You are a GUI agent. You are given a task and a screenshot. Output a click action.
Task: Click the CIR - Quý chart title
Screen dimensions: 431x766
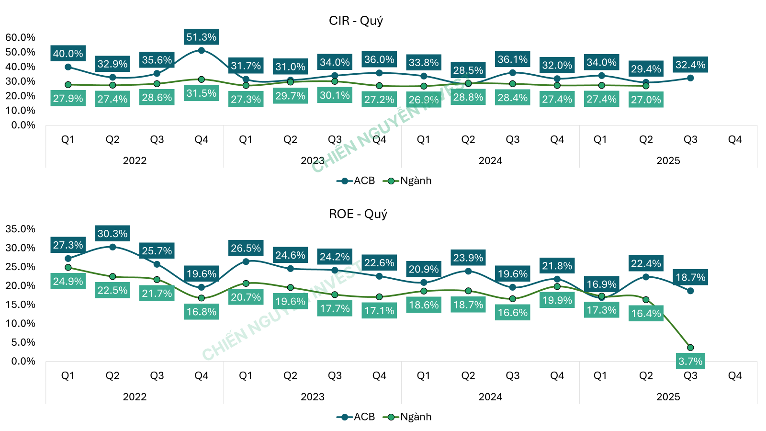(x=356, y=21)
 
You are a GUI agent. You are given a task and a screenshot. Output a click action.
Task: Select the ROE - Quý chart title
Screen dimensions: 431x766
(x=358, y=214)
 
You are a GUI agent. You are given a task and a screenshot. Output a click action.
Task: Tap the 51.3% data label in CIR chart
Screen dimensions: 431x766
(x=201, y=37)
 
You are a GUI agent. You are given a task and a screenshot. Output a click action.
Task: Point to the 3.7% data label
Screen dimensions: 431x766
(x=690, y=361)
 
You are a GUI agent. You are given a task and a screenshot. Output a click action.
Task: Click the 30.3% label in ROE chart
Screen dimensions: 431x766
(x=113, y=234)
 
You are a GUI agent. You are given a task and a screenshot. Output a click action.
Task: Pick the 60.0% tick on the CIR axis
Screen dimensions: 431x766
(x=20, y=37)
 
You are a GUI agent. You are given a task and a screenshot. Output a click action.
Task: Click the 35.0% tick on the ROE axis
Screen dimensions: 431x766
(x=20, y=229)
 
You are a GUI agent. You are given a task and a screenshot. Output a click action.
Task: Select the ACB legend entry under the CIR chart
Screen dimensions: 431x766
(x=356, y=181)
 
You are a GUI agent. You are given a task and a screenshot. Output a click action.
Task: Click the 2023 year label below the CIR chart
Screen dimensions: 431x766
(x=312, y=160)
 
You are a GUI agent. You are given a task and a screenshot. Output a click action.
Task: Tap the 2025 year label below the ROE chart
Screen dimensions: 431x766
(x=668, y=397)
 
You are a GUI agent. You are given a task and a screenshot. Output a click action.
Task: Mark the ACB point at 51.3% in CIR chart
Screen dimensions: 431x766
(x=201, y=50)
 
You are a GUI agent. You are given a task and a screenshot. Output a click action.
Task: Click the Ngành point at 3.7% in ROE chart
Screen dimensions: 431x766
(x=690, y=348)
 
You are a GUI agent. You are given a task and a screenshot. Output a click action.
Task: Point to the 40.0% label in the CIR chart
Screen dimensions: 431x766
(x=68, y=54)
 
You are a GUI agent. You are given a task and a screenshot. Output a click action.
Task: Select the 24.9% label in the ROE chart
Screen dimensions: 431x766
(x=68, y=281)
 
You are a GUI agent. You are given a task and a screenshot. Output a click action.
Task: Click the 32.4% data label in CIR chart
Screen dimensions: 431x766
(x=690, y=65)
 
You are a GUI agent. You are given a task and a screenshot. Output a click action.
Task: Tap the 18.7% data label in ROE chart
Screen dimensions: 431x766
(x=690, y=277)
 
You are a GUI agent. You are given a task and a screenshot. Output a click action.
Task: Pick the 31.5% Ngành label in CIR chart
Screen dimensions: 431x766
(x=201, y=93)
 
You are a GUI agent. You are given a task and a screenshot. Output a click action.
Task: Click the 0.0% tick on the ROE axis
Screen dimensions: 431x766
(x=23, y=361)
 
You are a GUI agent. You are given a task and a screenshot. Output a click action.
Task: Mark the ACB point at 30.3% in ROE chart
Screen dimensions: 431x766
(x=113, y=247)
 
